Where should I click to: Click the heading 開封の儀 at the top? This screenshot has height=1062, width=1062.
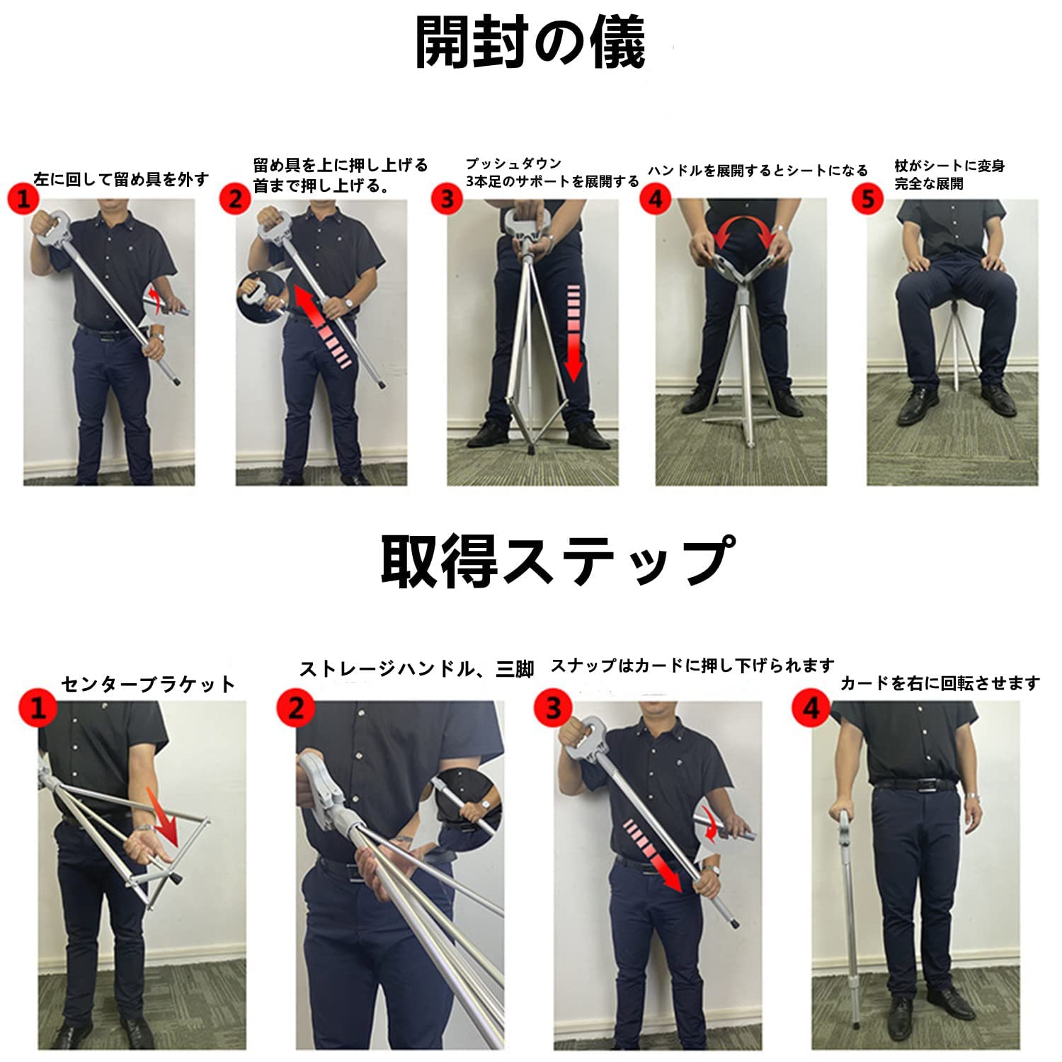[530, 44]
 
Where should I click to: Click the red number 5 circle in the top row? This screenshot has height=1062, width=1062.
[868, 199]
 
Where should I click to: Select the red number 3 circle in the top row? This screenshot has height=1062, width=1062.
[446, 199]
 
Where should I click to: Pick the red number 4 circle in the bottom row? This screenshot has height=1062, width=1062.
[811, 707]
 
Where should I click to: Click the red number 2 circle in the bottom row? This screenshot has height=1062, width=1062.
[295, 707]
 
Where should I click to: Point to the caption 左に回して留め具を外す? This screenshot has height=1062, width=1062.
[121, 180]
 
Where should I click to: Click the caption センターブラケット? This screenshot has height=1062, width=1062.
[148, 684]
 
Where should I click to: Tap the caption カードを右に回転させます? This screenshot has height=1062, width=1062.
[940, 683]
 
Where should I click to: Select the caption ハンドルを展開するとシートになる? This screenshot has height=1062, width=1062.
[758, 171]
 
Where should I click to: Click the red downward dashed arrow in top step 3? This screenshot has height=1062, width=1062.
[573, 333]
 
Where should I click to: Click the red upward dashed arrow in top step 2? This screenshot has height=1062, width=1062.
[322, 326]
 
